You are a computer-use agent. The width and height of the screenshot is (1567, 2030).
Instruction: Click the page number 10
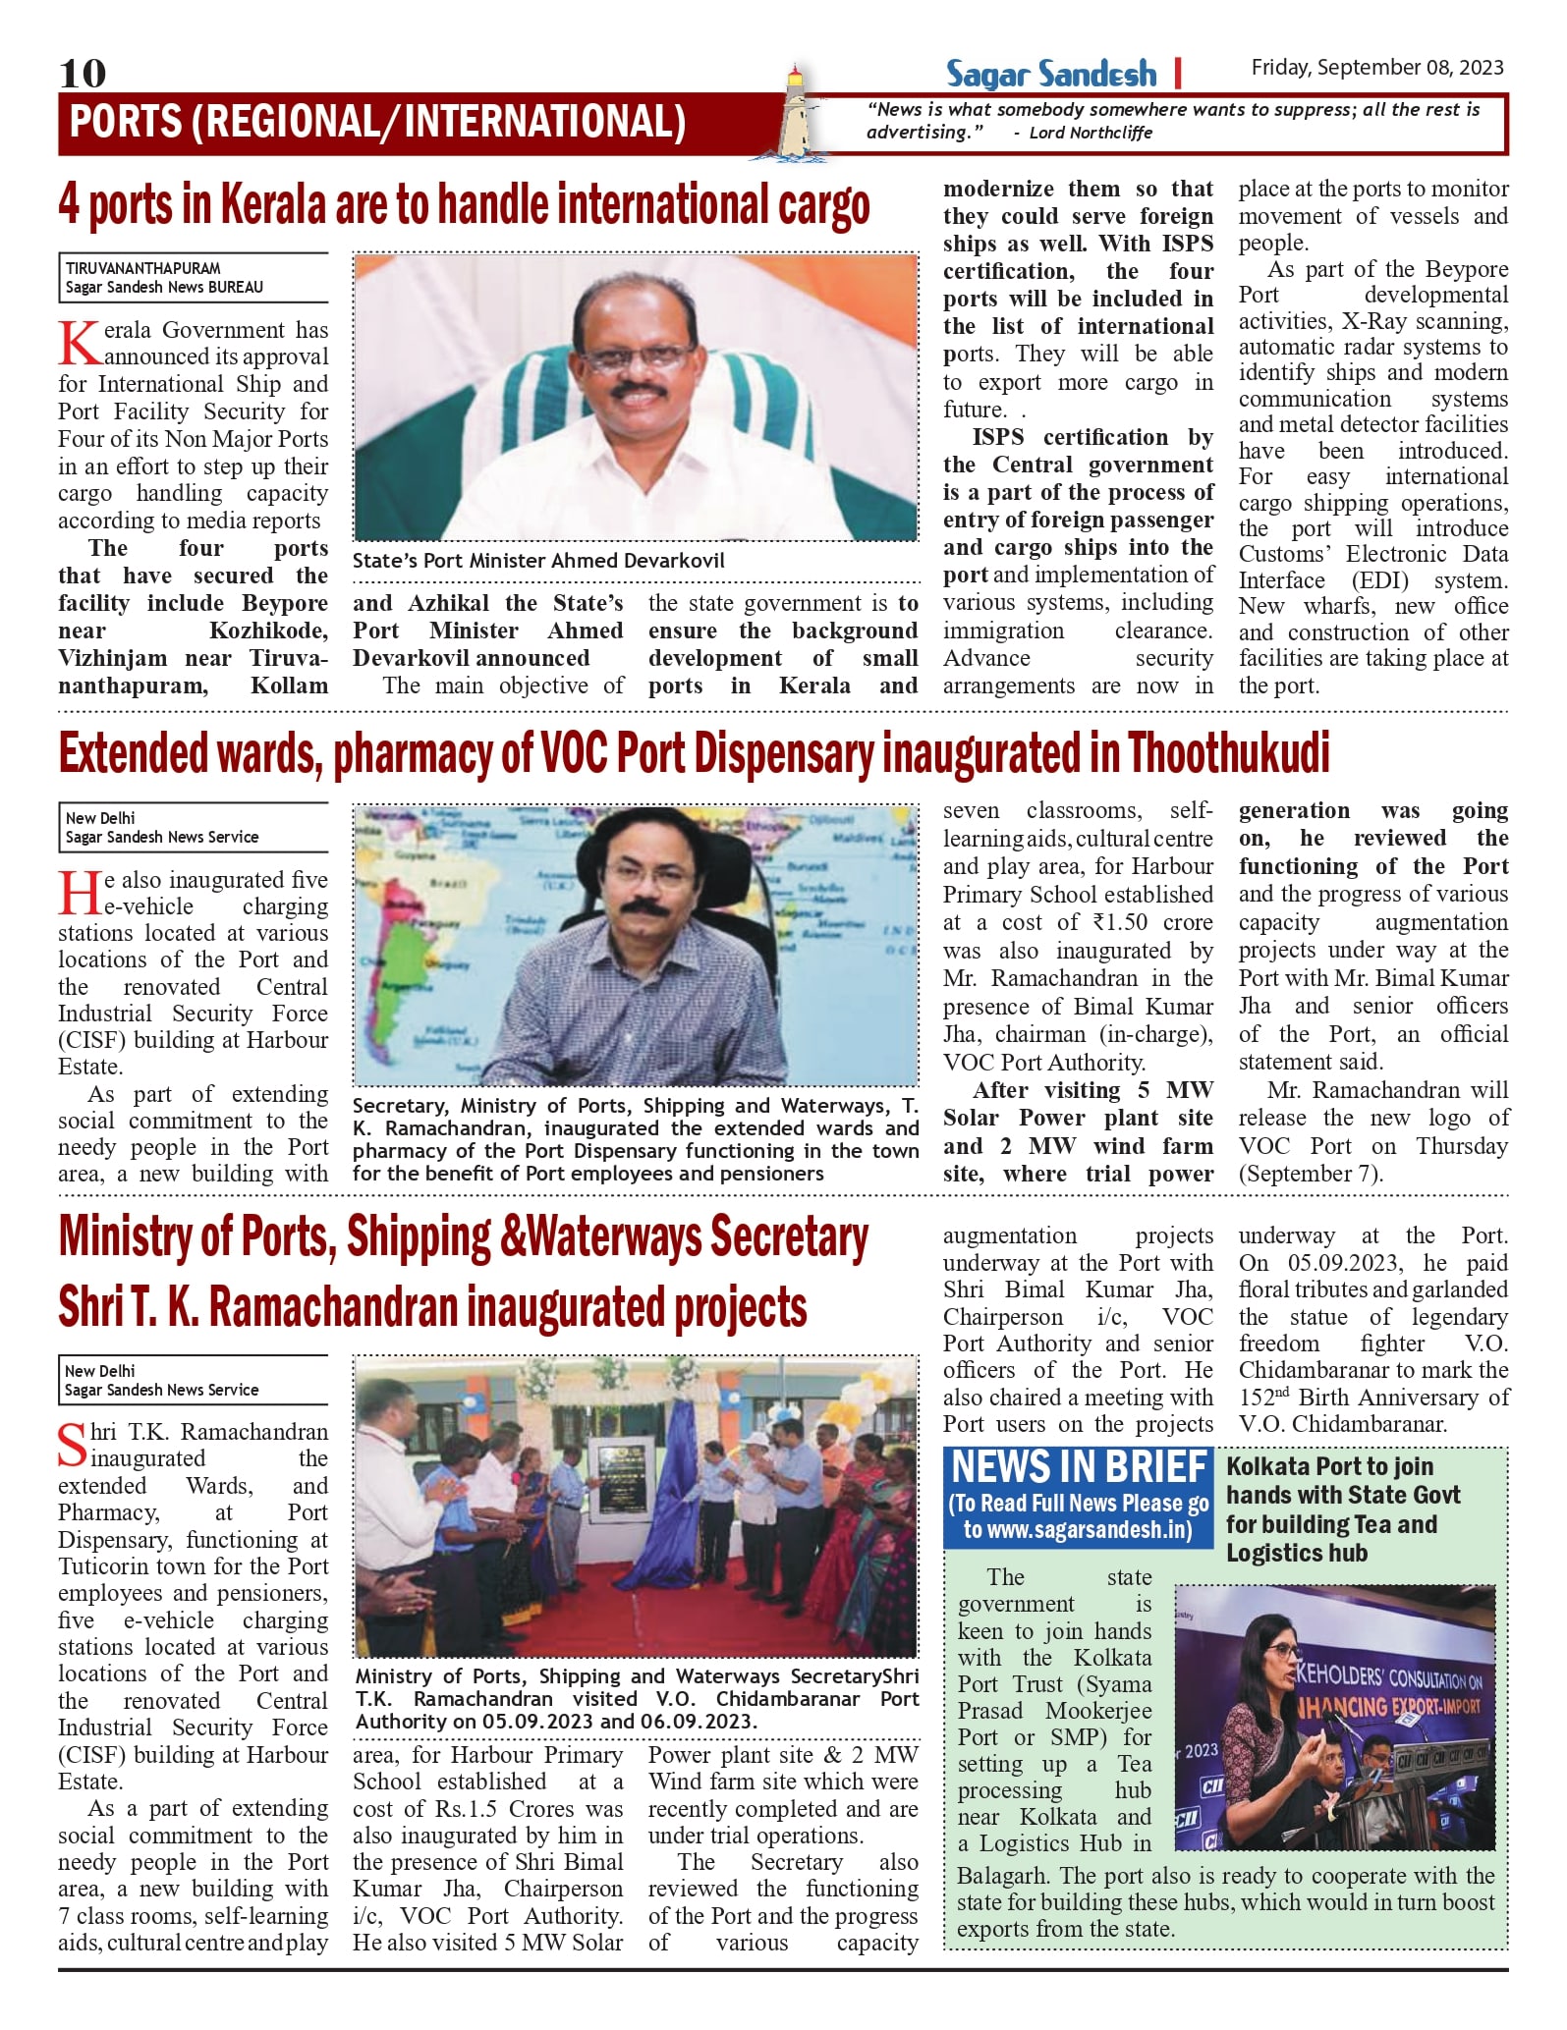83,73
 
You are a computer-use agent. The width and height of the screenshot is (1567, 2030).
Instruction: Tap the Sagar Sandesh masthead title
1051,74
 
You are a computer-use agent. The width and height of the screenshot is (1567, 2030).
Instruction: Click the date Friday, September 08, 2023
1376,67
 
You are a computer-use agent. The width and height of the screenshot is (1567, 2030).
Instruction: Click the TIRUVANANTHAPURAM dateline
143,268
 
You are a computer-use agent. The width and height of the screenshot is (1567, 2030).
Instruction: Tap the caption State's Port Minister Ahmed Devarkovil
538,561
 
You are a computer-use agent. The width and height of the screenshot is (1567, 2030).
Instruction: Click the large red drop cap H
78,893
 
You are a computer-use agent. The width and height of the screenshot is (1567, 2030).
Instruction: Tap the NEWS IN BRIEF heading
1078,1468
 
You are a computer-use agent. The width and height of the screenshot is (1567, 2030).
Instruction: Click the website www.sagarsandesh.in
1078,1530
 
